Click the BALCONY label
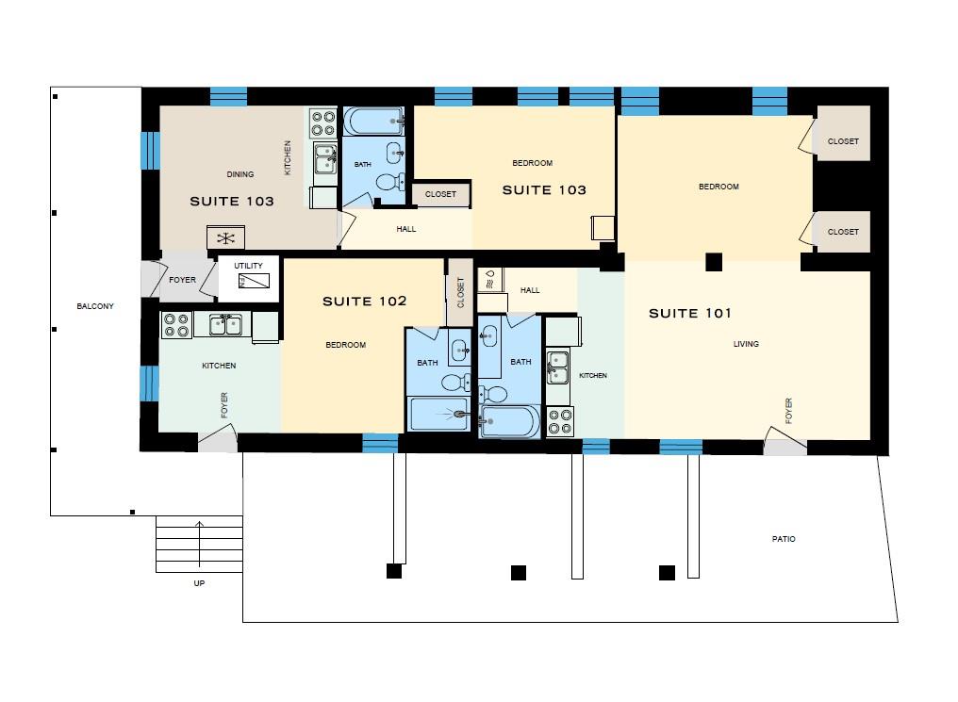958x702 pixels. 95,306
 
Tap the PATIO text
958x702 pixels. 783,540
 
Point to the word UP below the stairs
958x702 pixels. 198,583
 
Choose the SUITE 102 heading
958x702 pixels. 364,302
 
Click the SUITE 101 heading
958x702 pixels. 689,313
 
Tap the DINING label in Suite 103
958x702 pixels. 240,174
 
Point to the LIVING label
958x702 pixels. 746,344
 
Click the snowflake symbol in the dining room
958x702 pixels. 226,237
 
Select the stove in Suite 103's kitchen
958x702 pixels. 322,123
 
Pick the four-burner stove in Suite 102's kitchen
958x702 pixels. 176,325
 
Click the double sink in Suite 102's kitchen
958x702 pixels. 225,325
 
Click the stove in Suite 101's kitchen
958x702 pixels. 559,421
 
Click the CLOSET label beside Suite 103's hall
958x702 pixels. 440,194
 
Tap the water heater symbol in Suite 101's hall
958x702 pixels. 490,279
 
